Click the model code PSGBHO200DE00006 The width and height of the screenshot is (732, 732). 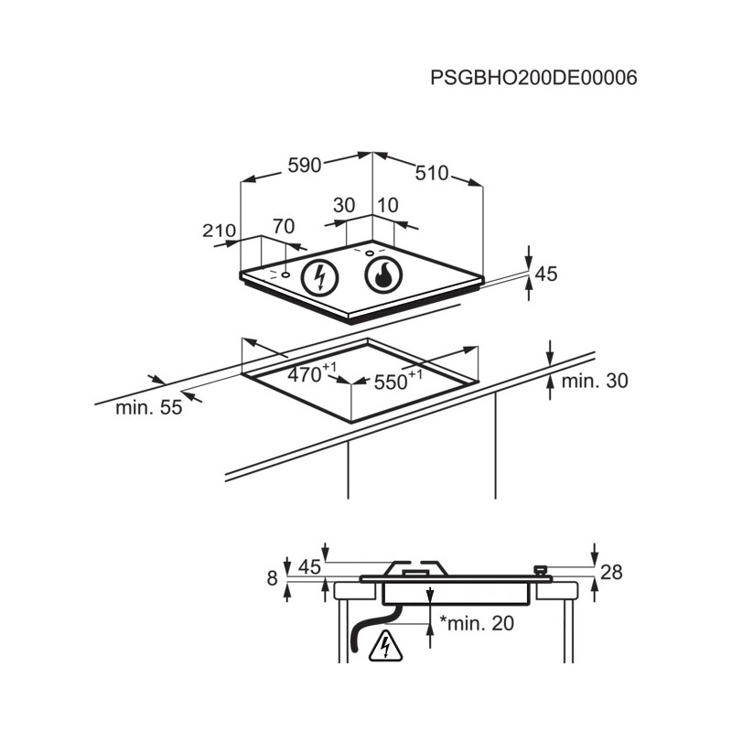[533, 78]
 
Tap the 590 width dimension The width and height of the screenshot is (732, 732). [305, 166]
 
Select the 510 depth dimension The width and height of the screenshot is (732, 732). [432, 173]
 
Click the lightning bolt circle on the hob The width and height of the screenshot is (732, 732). [319, 277]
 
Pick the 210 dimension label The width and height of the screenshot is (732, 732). [219, 231]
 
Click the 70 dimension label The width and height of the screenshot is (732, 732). [284, 226]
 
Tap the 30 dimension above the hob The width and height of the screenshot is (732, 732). [344, 205]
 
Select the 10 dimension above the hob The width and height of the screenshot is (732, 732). [387, 205]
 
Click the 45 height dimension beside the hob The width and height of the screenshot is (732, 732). [546, 274]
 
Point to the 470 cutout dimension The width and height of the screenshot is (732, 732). [311, 373]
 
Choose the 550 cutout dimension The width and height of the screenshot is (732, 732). [398, 380]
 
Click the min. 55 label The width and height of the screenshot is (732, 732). [148, 407]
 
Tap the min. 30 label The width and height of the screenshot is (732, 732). [595, 381]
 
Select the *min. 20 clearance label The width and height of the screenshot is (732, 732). [477, 623]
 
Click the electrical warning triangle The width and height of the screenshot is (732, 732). [385, 647]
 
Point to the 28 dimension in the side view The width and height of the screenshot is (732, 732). [611, 572]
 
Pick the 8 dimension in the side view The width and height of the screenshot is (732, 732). [272, 579]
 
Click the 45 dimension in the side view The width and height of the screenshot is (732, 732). [310, 567]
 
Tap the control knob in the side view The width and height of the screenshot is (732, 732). [541, 570]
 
